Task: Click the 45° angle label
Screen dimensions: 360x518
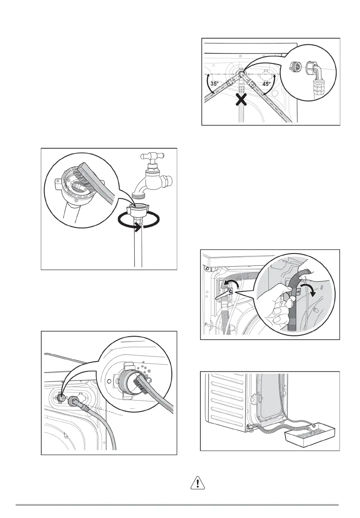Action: coord(266,84)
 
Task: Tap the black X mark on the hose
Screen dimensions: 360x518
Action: coord(241,101)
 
